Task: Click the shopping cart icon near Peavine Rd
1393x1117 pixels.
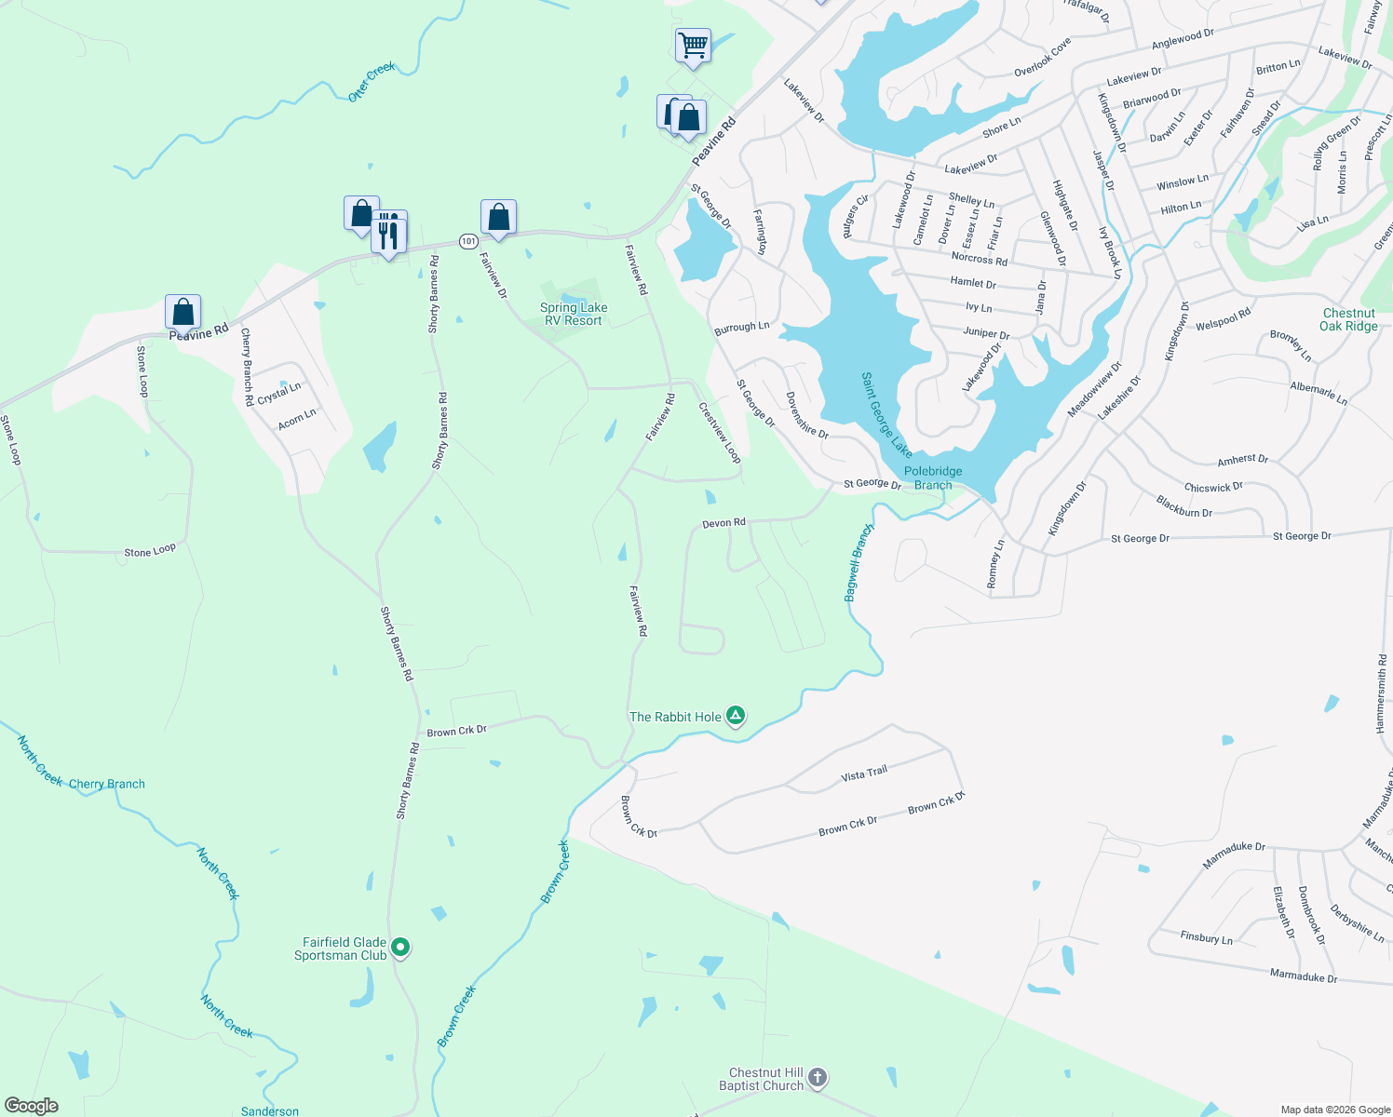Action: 693,45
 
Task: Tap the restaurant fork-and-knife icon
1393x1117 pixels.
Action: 389,234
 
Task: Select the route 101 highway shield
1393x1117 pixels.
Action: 468,241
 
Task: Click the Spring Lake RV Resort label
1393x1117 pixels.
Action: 574,314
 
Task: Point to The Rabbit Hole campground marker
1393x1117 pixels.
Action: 736,716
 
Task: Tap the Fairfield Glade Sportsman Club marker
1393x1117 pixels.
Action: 400,948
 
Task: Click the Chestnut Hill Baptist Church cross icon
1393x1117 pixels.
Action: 817,1078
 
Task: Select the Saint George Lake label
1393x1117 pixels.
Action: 886,415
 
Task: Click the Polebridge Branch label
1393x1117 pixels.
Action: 933,478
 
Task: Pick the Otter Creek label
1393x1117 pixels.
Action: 372,82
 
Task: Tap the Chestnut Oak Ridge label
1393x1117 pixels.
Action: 1348,319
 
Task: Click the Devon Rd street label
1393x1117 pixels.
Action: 724,523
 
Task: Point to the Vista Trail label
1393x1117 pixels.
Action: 864,774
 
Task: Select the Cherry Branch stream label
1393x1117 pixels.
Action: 107,784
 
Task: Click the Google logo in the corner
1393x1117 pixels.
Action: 32,1105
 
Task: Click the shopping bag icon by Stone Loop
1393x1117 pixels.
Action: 183,312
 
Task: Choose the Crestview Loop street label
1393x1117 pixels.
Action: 720,432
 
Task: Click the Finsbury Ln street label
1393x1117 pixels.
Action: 1206,937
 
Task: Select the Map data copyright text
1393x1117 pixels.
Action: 1334,1110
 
